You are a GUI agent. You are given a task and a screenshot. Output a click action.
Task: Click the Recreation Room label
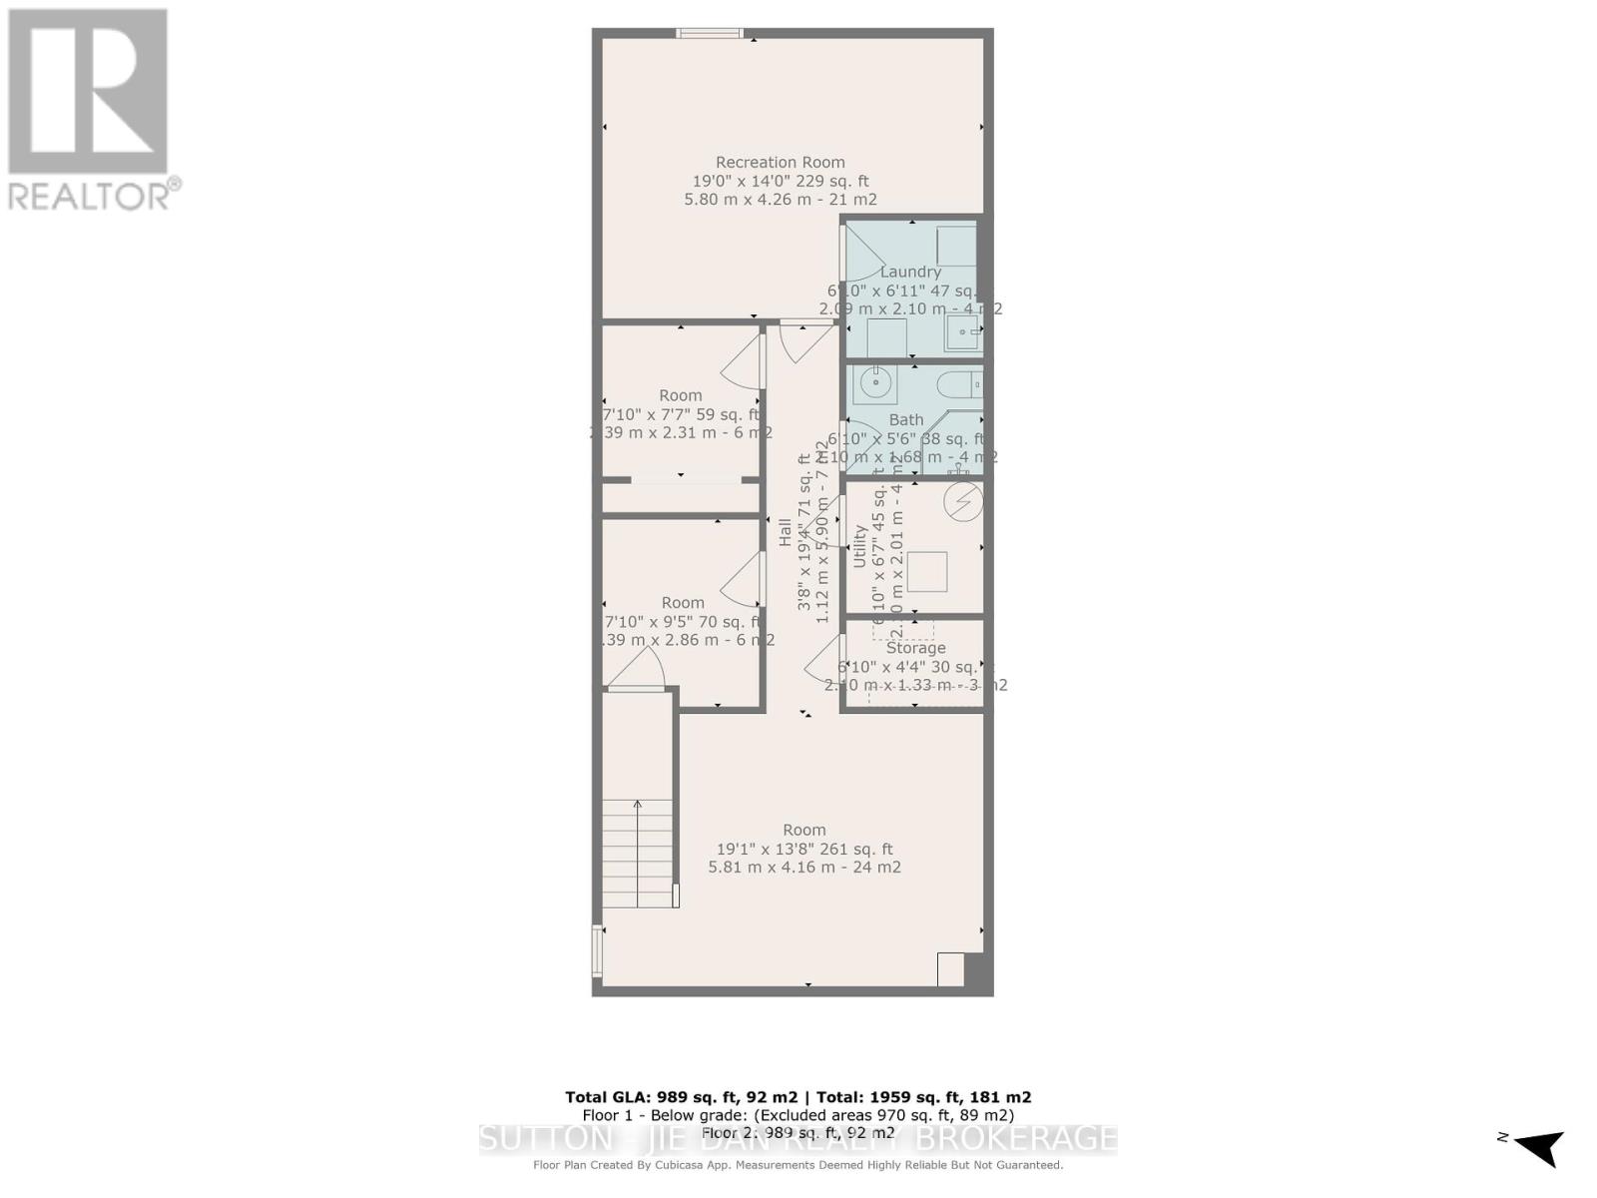point(781,162)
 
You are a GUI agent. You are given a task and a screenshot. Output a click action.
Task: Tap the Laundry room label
point(910,272)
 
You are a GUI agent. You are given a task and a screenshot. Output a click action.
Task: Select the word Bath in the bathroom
point(906,420)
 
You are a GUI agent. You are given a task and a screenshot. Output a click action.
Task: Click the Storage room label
point(915,648)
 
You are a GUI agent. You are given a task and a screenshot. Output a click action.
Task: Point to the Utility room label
point(860,547)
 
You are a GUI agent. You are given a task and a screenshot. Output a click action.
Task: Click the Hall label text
point(786,533)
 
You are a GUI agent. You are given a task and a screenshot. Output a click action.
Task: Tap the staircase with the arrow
point(639,854)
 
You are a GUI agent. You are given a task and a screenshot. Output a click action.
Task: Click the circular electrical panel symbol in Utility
point(964,502)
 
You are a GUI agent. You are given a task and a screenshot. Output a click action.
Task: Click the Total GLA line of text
point(798,1096)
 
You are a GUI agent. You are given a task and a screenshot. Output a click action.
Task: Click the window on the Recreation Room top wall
point(710,33)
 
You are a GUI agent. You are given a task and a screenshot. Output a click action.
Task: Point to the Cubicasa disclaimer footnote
point(798,1165)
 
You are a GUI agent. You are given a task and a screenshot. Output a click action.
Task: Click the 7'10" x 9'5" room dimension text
point(683,621)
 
